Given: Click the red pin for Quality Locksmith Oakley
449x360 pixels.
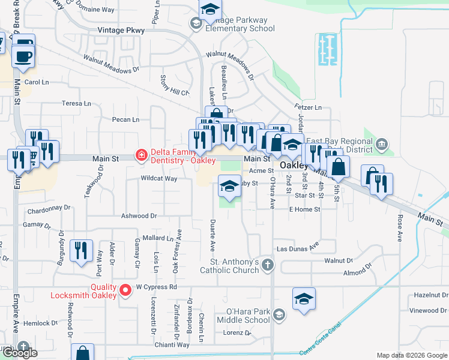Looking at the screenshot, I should pyautogui.click(x=125, y=290).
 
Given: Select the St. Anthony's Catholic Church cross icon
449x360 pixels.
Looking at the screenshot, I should pyautogui.click(x=267, y=264).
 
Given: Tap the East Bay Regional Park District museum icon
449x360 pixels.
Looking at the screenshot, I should pyautogui.click(x=382, y=144).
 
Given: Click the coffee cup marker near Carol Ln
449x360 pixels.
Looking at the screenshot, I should pyautogui.click(x=24, y=55).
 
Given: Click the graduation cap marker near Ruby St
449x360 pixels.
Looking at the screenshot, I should pyautogui.click(x=229, y=187).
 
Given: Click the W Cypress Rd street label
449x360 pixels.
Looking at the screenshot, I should pyautogui.click(x=157, y=287).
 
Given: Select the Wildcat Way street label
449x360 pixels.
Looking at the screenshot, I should pyautogui.click(x=159, y=178).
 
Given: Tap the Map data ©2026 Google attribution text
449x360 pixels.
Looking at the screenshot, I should pyautogui.click(x=412, y=355).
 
